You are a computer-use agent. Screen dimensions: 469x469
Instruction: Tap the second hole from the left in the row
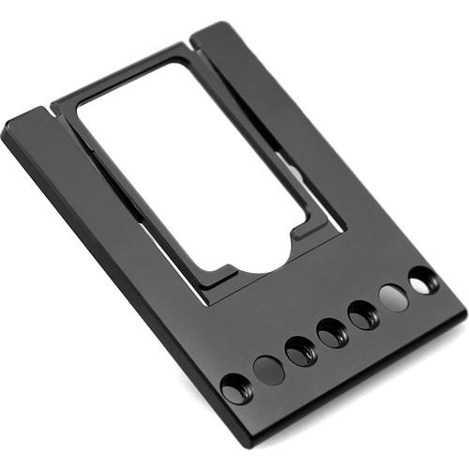tap(269, 369)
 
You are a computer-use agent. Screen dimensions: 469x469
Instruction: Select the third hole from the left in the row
tap(301, 351)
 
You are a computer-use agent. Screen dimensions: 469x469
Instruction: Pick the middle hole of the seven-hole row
tap(332, 333)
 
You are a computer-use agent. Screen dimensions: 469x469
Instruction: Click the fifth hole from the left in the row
tap(363, 315)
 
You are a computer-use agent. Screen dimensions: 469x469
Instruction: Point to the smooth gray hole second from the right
tap(394, 297)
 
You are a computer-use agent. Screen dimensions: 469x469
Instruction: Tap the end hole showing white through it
tap(424, 280)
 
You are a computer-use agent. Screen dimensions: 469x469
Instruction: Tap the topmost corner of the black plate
tap(219, 23)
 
